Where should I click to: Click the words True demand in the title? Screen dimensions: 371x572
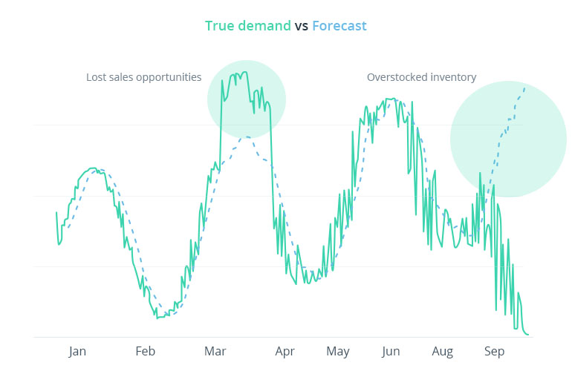click(248, 26)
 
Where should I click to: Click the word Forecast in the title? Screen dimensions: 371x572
click(339, 26)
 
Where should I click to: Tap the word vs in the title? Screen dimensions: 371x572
click(302, 26)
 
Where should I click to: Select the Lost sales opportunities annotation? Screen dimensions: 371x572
click(143, 77)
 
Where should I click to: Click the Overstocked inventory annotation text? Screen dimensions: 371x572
click(421, 77)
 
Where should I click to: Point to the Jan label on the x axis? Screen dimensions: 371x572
click(77, 352)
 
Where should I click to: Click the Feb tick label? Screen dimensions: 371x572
click(145, 352)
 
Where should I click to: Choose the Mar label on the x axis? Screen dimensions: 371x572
click(215, 352)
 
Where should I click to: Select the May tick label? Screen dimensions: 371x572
click(338, 352)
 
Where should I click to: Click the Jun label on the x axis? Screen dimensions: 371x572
click(391, 352)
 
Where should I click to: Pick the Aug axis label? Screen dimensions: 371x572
click(443, 352)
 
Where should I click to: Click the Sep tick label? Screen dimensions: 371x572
click(495, 352)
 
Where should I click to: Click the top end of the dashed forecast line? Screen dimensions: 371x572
click(525, 87)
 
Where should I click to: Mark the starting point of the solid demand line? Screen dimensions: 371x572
click(56, 212)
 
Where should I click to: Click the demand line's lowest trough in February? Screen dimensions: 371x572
click(157, 318)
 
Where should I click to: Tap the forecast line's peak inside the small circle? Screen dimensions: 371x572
click(246, 137)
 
